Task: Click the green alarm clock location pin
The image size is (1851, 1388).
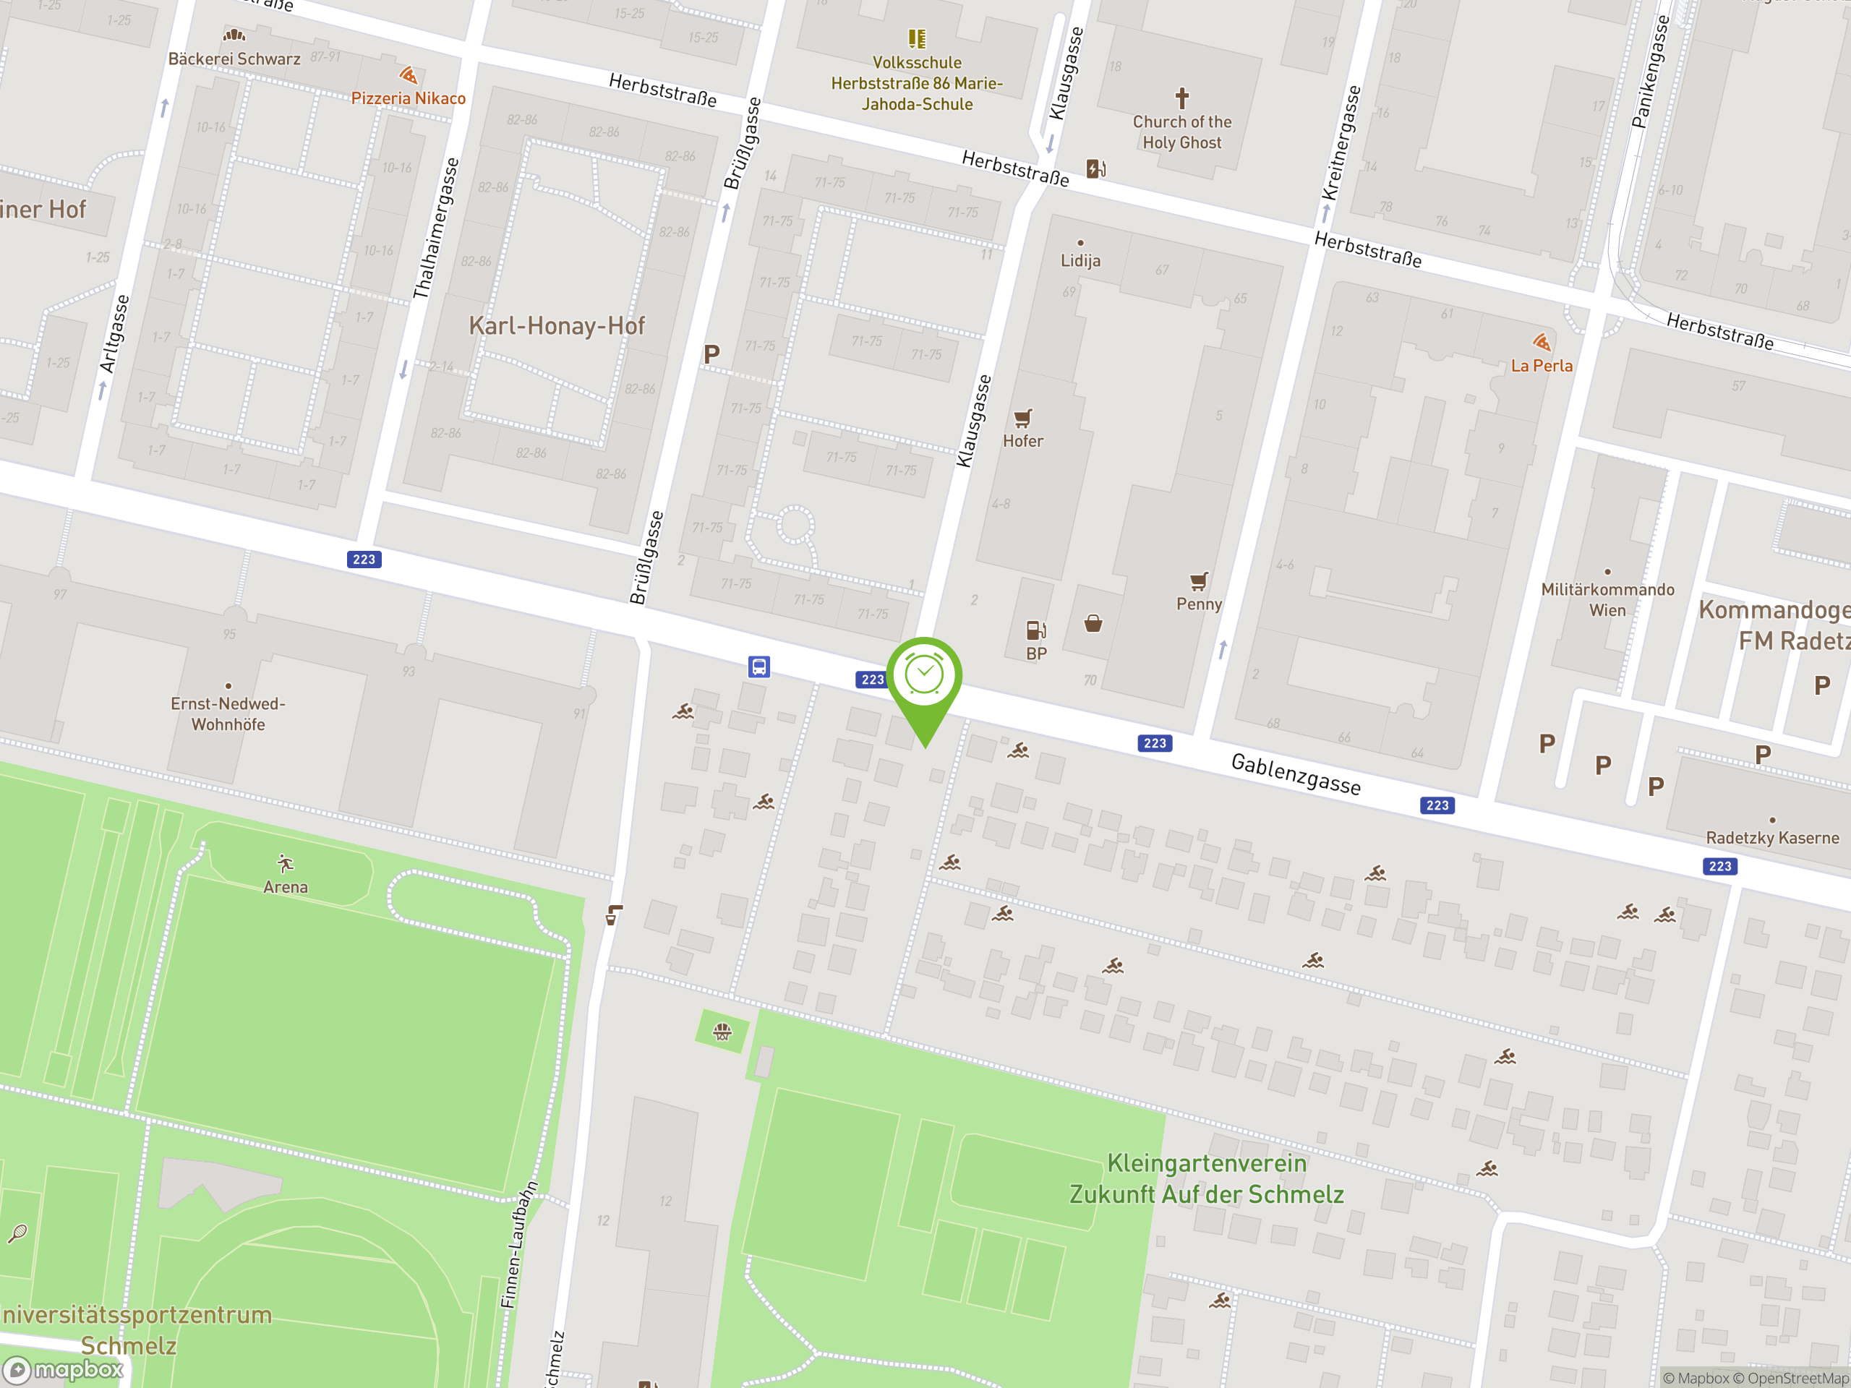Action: [x=924, y=676]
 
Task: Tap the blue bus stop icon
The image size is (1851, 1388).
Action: [x=759, y=667]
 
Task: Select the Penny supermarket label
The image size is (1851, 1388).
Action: [x=1199, y=604]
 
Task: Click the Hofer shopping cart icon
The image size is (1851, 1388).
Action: [x=1022, y=418]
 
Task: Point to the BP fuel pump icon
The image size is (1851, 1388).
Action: [x=1036, y=630]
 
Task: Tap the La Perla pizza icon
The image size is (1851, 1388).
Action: [x=1542, y=342]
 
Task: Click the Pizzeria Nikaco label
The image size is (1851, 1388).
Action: [x=409, y=98]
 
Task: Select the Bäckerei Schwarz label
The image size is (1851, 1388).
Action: [x=234, y=59]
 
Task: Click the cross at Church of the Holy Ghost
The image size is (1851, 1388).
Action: [x=1181, y=98]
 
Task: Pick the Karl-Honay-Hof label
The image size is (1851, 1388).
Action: [x=557, y=325]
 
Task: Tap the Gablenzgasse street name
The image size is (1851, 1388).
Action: [x=1296, y=773]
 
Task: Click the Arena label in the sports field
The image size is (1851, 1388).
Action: [x=286, y=887]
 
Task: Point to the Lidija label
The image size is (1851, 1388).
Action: [x=1080, y=260]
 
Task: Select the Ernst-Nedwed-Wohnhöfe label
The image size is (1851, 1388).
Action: [x=228, y=714]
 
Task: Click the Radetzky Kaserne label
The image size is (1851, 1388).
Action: [x=1772, y=837]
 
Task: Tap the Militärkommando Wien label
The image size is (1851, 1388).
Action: [x=1607, y=600]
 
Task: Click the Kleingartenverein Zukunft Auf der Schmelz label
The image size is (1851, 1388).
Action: [x=1206, y=1178]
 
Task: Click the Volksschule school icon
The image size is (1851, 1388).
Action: [x=917, y=38]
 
